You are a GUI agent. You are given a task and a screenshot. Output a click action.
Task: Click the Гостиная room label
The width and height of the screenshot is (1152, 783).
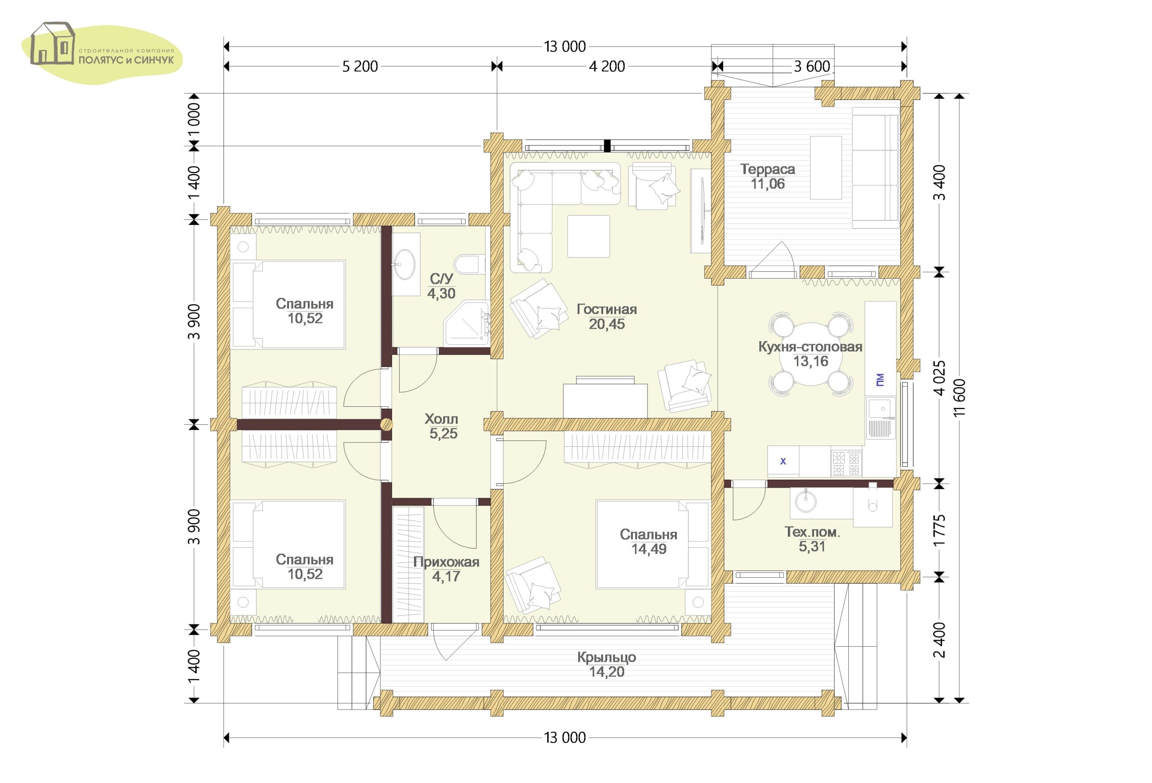pyautogui.click(x=606, y=309)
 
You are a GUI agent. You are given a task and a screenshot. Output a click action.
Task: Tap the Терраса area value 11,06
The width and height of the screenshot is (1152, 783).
pyautogui.click(x=767, y=184)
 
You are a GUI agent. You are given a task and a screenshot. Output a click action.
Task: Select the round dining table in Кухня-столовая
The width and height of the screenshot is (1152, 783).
pyautogui.click(x=811, y=353)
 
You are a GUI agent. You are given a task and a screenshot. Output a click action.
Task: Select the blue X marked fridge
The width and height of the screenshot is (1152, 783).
pyautogui.click(x=783, y=461)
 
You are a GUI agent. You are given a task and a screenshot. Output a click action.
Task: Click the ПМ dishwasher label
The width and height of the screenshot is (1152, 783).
pyautogui.click(x=880, y=380)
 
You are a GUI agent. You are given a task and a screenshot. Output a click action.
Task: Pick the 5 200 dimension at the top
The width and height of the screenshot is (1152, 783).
pyautogui.click(x=360, y=67)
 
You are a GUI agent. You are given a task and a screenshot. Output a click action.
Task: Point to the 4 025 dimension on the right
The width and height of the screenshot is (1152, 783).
pyautogui.click(x=939, y=378)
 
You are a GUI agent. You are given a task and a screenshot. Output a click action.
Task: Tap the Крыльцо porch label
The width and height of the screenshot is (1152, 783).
pyautogui.click(x=606, y=657)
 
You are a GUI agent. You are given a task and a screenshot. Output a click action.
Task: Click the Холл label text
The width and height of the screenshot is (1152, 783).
pyautogui.click(x=441, y=419)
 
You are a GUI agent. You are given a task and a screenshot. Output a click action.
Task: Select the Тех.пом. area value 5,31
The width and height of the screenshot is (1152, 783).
pyautogui.click(x=811, y=546)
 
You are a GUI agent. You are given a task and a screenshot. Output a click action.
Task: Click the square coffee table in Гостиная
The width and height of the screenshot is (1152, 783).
pyautogui.click(x=589, y=236)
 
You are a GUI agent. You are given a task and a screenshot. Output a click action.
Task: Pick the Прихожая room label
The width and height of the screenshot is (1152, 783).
pyautogui.click(x=446, y=562)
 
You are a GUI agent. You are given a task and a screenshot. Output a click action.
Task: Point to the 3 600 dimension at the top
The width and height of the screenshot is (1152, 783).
pyautogui.click(x=811, y=67)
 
